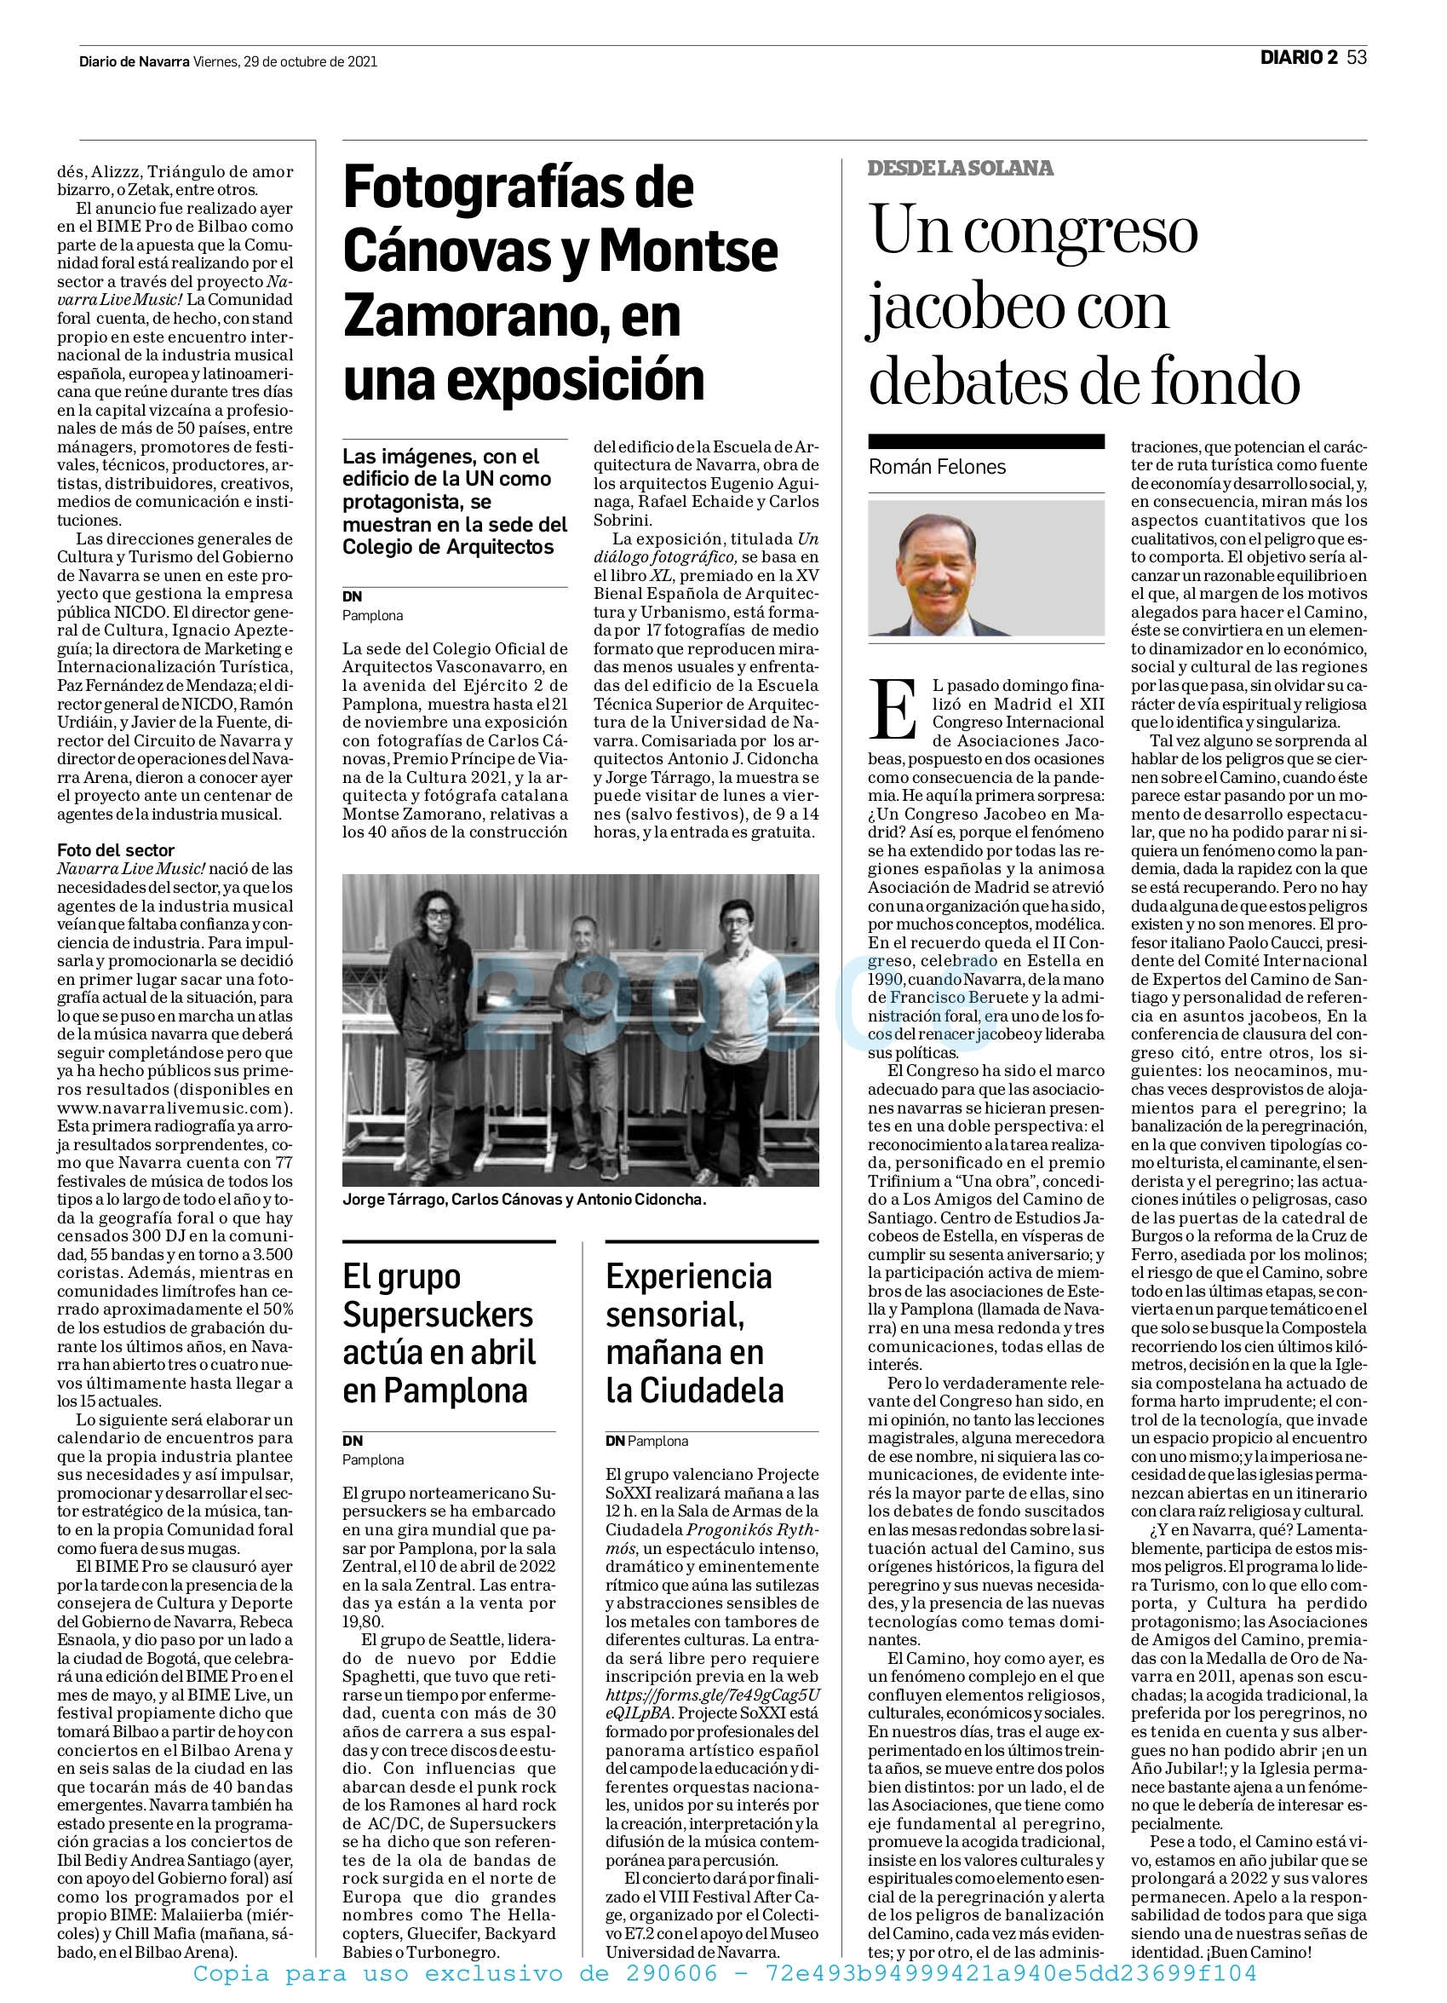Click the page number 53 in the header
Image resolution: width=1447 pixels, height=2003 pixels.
click(x=1357, y=58)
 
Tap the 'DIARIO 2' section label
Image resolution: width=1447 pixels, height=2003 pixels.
click(x=1298, y=58)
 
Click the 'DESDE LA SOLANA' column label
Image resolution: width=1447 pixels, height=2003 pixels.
click(x=960, y=168)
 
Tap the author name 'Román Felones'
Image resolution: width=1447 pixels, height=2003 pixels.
click(x=937, y=467)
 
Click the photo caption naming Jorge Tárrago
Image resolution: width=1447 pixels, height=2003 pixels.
click(x=524, y=1200)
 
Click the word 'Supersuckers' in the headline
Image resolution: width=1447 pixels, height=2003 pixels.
click(x=437, y=1315)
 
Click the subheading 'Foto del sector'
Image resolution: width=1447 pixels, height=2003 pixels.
click(x=116, y=849)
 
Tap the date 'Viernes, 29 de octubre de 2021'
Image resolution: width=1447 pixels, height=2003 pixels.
click(x=285, y=62)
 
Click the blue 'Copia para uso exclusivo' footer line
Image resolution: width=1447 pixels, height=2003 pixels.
click(x=723, y=1973)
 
